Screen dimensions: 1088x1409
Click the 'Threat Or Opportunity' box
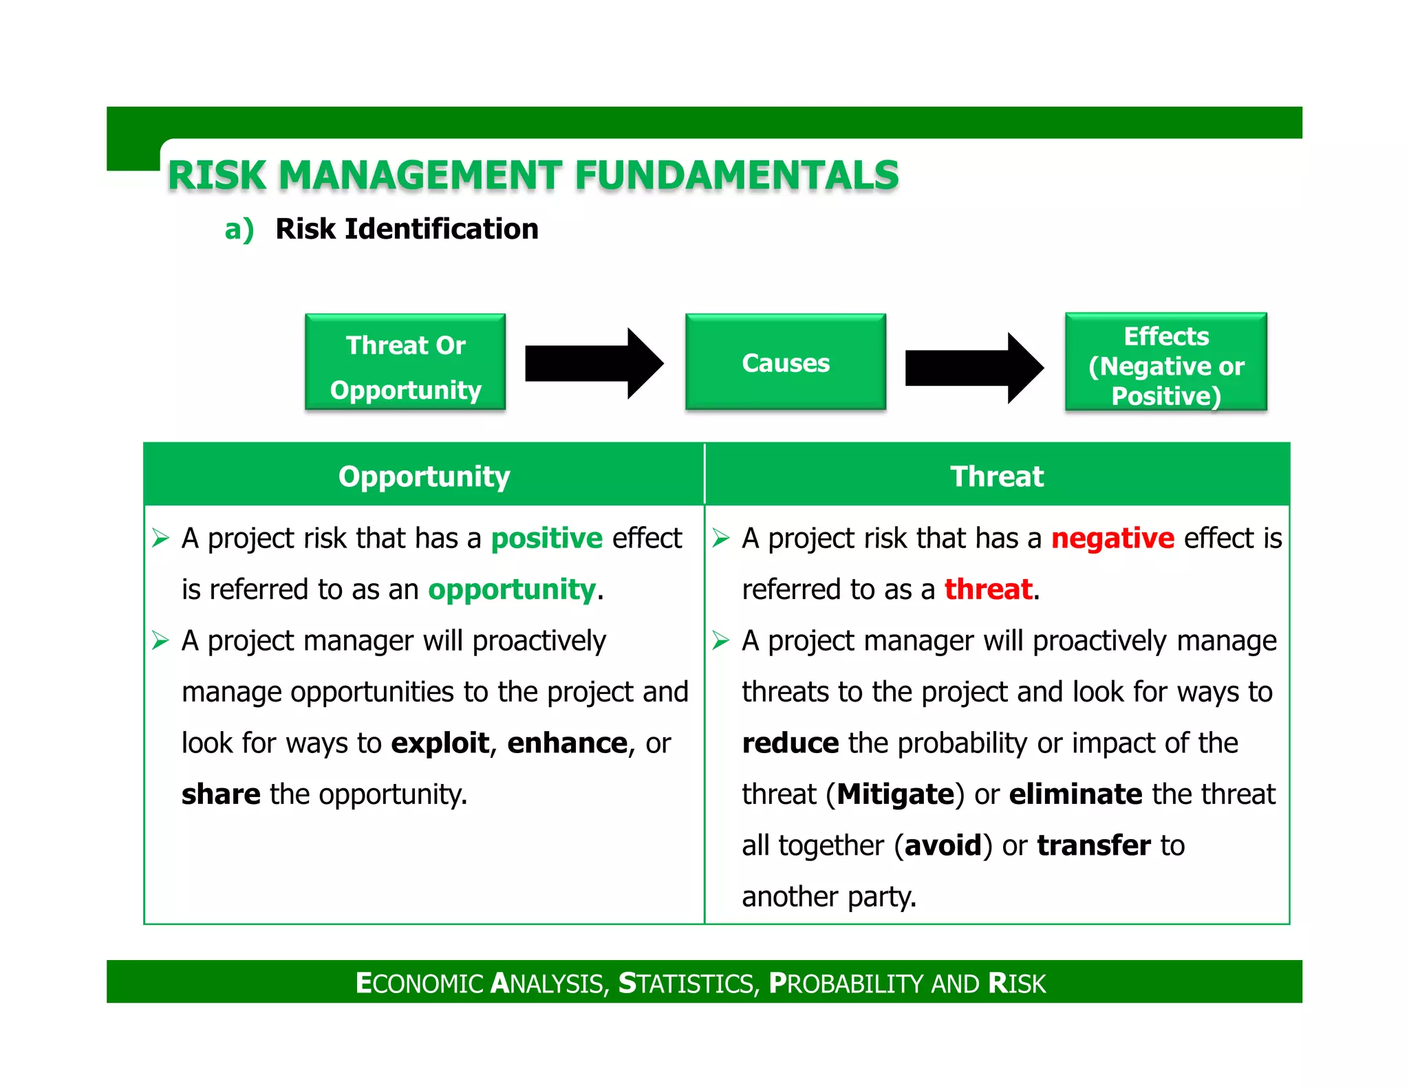405,362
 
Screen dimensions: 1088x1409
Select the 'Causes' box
785,362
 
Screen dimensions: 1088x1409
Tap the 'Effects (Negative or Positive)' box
1165,362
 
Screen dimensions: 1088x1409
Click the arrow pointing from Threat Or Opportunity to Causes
593,363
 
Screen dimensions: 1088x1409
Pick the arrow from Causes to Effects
974,367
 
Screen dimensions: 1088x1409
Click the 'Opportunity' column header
424,476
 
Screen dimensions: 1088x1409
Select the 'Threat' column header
997,476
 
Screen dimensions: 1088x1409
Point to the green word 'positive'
546,538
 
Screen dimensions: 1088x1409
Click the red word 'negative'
1112,538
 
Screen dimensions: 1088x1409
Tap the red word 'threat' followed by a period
988,589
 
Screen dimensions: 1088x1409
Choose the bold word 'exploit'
440,743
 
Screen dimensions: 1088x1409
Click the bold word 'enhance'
567,743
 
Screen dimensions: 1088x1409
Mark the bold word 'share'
221,794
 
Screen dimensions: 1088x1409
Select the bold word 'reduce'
790,743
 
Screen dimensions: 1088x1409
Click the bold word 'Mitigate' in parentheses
896,794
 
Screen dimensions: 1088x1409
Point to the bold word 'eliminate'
1075,794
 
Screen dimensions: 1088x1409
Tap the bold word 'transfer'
1093,845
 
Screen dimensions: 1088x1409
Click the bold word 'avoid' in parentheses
943,845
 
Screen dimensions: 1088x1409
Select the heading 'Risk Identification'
407,229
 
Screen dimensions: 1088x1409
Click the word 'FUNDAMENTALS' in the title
737,175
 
